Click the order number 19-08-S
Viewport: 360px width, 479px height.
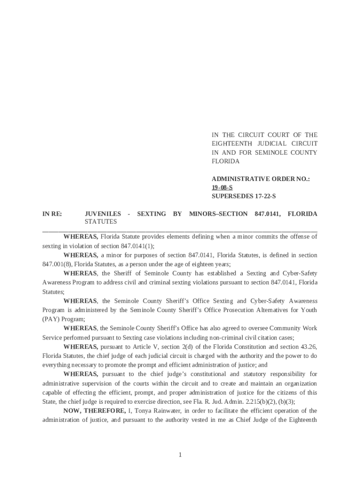(x=222, y=188)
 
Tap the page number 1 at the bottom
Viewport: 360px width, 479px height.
(x=180, y=455)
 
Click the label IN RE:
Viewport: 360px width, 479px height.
(x=52, y=214)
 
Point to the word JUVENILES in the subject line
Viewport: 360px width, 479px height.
(x=102, y=214)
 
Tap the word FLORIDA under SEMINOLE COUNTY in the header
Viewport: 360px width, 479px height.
(x=225, y=161)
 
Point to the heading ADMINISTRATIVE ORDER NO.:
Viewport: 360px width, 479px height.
(x=261, y=179)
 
